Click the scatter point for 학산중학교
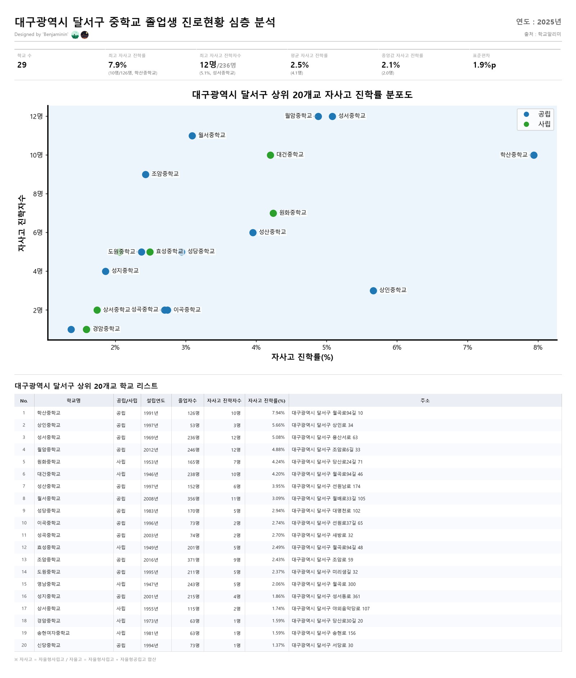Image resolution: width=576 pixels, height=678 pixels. click(534, 155)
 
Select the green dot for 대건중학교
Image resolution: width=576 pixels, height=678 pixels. click(270, 155)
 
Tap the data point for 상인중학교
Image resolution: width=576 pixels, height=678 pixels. click(373, 291)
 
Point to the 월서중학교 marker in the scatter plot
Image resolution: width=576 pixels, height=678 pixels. click(192, 136)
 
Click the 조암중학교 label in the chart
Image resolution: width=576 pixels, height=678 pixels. click(165, 174)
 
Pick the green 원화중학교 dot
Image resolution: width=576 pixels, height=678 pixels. click(273, 213)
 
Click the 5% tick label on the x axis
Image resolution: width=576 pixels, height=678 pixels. click(327, 347)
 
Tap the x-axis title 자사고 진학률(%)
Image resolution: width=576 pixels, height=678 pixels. click(302, 357)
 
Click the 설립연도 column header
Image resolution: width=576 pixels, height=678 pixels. click(156, 401)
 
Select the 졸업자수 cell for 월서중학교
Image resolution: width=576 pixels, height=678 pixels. click(193, 499)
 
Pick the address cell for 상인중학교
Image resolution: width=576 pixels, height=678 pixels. click(322, 425)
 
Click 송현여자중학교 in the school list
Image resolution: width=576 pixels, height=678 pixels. click(53, 633)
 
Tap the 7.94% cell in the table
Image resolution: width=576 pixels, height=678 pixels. click(278, 413)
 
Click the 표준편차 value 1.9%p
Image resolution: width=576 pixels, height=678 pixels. click(484, 65)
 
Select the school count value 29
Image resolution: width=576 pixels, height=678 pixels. click(22, 65)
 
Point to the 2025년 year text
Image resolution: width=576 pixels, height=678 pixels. click(549, 22)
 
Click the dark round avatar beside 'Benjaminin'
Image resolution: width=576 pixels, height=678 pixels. click(85, 35)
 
